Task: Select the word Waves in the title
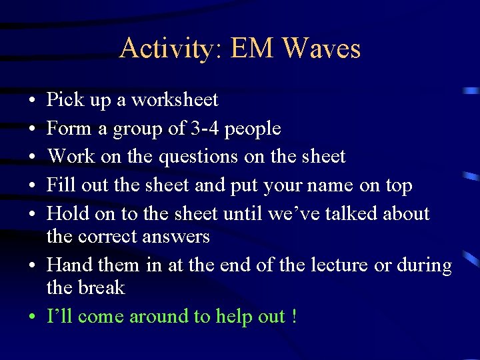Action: [x=321, y=49]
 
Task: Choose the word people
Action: [x=253, y=129]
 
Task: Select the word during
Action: [x=424, y=265]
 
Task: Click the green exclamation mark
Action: [x=294, y=316]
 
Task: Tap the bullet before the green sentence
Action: [x=32, y=317]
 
